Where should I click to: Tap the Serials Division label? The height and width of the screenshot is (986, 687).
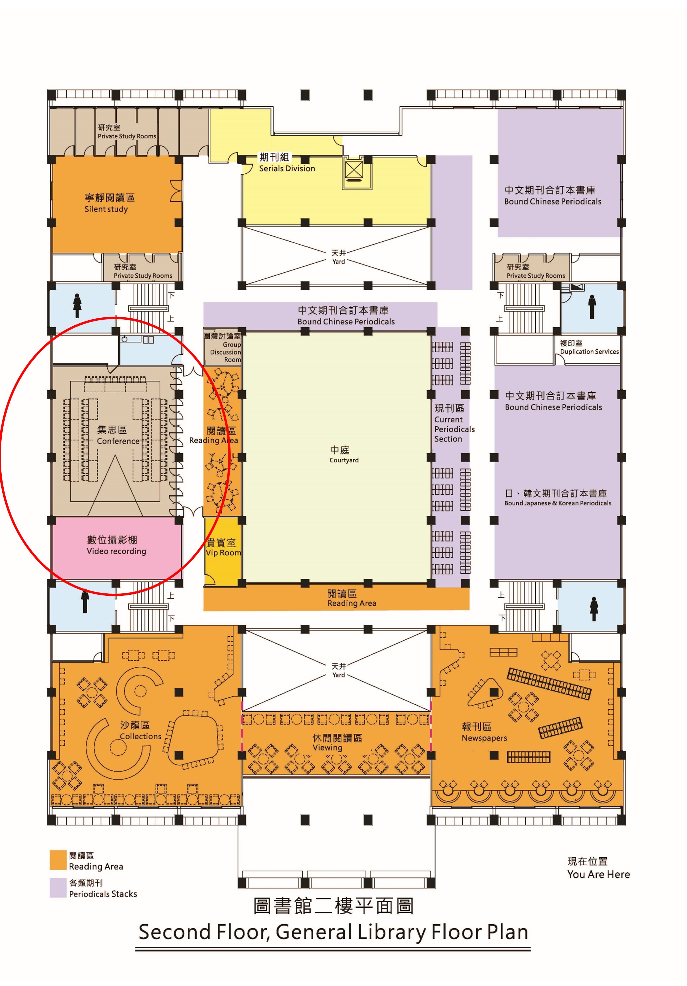pyautogui.click(x=286, y=162)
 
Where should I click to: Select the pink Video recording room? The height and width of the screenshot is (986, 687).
pyautogui.click(x=116, y=547)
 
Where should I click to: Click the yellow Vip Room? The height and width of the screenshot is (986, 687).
pyautogui.click(x=222, y=551)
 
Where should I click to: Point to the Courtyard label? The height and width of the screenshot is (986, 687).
pyautogui.click(x=343, y=454)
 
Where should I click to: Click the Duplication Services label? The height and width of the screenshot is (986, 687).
pyautogui.click(x=589, y=347)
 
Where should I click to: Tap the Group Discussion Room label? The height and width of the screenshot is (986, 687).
pyautogui.click(x=222, y=347)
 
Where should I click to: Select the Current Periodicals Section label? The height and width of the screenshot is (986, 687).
pyautogui.click(x=454, y=423)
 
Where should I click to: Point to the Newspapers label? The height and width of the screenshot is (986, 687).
pyautogui.click(x=484, y=732)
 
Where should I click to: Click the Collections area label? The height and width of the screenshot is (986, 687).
pyautogui.click(x=140, y=730)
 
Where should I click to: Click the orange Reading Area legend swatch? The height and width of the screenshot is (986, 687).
pyautogui.click(x=58, y=860)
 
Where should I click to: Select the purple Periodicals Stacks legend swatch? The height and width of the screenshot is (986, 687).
pyautogui.click(x=58, y=887)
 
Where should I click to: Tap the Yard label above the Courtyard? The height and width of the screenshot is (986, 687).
pyautogui.click(x=339, y=257)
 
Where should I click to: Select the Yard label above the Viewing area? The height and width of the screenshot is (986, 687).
pyautogui.click(x=339, y=670)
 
